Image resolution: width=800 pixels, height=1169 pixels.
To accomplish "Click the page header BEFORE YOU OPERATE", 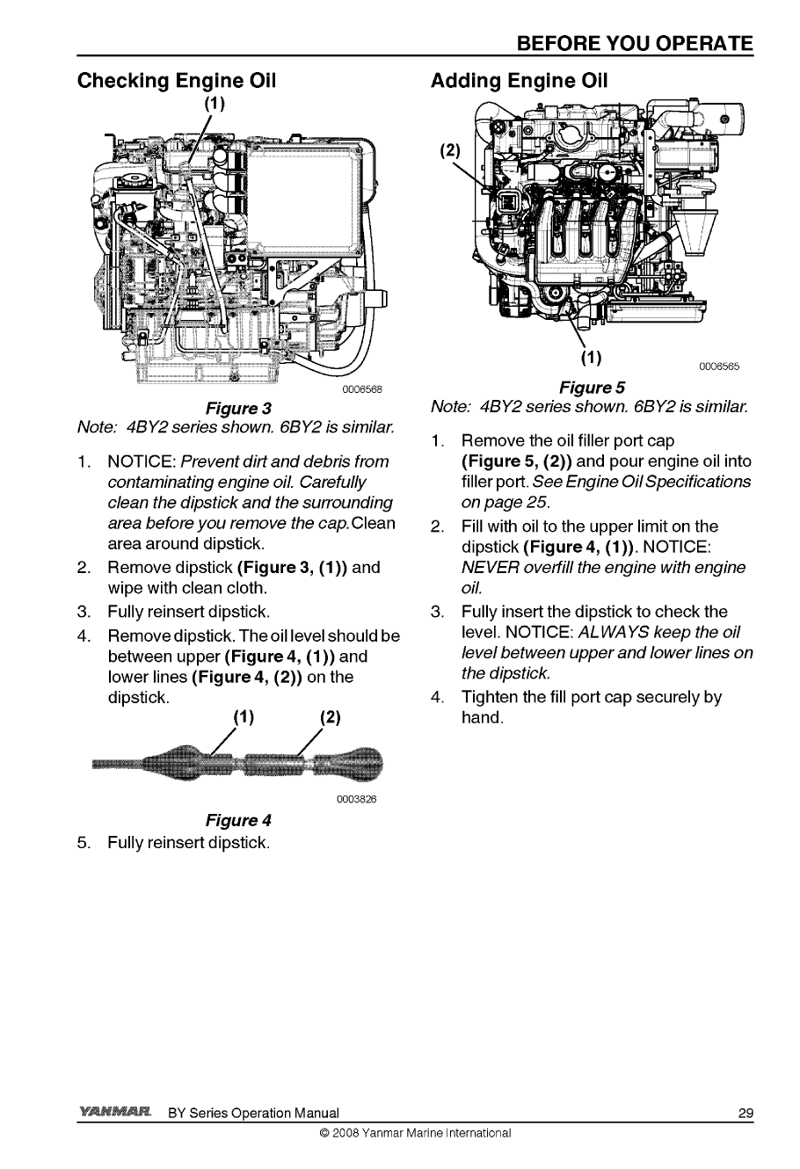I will pos(635,44).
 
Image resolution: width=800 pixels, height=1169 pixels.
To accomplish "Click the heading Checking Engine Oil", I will pos(178,82).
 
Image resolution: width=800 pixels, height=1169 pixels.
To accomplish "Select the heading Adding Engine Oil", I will pos(519,82).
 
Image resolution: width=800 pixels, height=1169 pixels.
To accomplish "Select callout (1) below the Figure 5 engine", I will pos(592,358).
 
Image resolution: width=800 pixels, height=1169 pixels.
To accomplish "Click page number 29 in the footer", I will pos(745,1115).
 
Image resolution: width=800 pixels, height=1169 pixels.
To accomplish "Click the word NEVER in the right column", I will pos(485,568).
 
